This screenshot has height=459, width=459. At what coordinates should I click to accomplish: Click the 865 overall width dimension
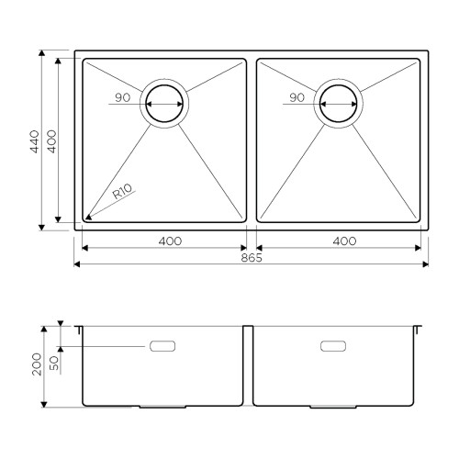pos(252,258)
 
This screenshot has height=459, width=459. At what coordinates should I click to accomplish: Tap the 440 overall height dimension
pos(35,141)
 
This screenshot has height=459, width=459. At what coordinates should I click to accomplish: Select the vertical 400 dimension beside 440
pos(51,141)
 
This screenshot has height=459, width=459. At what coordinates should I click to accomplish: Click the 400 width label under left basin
pos(170,241)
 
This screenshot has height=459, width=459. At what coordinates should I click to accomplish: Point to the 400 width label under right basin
pos(344,241)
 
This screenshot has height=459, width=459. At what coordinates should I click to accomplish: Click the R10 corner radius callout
pos(122,192)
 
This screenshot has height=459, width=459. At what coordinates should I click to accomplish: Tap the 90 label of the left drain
pos(123,97)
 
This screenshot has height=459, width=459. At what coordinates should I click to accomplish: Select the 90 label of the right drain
pos(297,97)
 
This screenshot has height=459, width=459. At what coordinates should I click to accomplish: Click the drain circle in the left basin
pos(164,85)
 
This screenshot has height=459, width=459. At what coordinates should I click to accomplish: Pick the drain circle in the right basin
pos(338,85)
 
